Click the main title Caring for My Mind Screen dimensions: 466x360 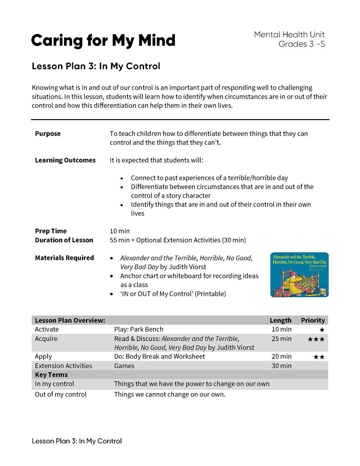(103, 40)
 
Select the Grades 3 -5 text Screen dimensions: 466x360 (301, 44)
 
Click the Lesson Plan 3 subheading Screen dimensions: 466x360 (96, 66)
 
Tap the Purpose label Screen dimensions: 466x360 (48, 134)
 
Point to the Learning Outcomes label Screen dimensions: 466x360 (65, 160)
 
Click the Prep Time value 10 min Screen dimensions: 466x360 (120, 231)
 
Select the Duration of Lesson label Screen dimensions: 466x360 (64, 240)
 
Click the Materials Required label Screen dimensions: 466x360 (64, 258)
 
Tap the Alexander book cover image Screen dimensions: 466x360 (299, 275)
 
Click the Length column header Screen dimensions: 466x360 (280, 321)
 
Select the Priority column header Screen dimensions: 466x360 (312, 321)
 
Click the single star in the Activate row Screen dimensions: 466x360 (322, 330)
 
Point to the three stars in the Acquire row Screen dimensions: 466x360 (316, 339)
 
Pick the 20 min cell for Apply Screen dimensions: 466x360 (282, 357)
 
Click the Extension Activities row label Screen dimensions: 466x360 (63, 366)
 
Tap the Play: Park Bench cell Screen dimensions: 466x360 (139, 330)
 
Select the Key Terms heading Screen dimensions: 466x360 (51, 375)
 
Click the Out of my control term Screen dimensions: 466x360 (61, 394)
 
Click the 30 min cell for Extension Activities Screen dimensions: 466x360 (282, 366)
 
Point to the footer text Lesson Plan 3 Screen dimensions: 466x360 (77, 441)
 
